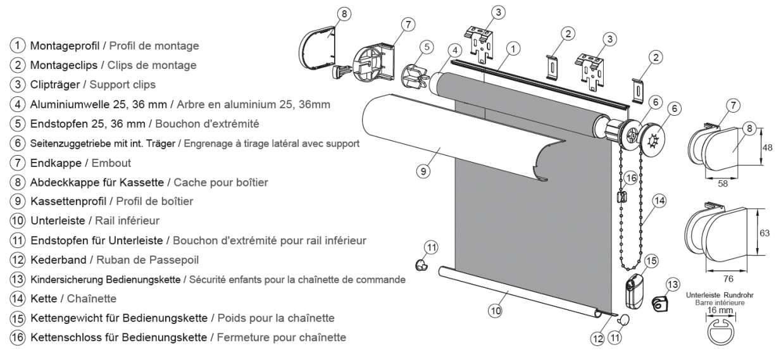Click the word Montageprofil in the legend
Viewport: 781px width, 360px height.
58,46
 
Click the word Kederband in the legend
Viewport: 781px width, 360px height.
50,259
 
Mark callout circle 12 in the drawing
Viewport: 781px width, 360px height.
597,338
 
